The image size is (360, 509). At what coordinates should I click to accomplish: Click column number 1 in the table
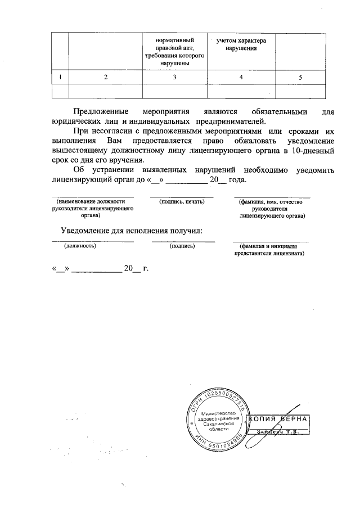pyautogui.click(x=60, y=77)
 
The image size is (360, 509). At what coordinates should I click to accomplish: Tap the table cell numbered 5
pyautogui.click(x=301, y=77)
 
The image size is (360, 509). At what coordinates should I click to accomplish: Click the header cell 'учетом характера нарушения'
pyautogui.click(x=241, y=46)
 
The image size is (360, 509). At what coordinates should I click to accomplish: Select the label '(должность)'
pyautogui.click(x=79, y=246)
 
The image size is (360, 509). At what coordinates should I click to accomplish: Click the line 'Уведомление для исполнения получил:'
pyautogui.click(x=131, y=231)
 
